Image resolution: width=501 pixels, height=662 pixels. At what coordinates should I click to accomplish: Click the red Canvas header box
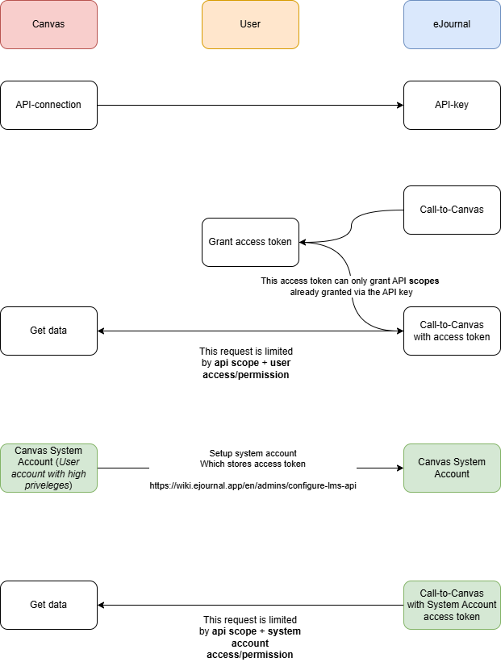[48, 24]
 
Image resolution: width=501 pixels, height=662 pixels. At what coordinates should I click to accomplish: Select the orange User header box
[250, 24]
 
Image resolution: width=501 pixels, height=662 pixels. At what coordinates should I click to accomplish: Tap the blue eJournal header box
[452, 24]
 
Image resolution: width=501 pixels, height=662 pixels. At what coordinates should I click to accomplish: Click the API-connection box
[48, 105]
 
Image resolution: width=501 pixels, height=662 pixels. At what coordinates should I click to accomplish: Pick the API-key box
[452, 105]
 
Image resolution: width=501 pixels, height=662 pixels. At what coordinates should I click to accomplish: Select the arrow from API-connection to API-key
[250, 105]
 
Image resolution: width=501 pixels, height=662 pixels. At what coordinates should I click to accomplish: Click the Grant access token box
[250, 242]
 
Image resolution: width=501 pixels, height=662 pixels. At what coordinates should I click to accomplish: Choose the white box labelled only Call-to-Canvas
[452, 210]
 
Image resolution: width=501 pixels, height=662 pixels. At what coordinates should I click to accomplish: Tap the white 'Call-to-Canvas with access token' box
[452, 331]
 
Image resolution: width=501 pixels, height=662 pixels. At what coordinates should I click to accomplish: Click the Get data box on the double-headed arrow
[48, 331]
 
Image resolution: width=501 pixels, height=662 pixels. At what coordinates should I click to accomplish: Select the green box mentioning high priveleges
[48, 468]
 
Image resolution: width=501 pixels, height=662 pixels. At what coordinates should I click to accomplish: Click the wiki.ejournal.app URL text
[253, 486]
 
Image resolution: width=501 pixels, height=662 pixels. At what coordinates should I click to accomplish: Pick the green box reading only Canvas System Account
[452, 468]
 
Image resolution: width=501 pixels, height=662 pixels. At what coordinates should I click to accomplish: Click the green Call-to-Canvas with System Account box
[452, 605]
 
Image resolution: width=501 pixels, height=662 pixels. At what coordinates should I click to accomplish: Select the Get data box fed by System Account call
[48, 605]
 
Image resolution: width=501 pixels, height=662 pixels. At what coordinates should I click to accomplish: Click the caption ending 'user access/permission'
[246, 364]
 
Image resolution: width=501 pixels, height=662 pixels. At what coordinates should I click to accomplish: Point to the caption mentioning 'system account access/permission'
[250, 637]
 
